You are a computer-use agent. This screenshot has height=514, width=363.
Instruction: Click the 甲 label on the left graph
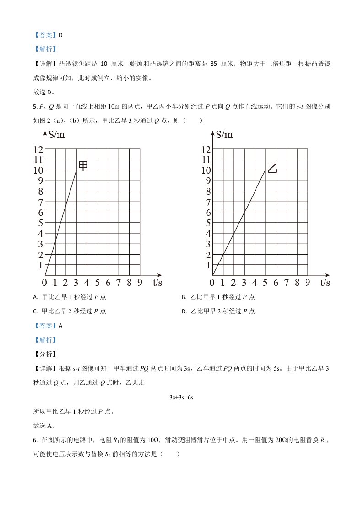click(x=83, y=165)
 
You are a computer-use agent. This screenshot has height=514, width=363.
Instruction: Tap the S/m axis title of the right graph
click(x=224, y=134)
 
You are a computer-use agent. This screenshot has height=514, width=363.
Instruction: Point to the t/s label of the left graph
click(x=157, y=282)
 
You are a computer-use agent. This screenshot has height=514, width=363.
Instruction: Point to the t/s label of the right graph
click(x=325, y=282)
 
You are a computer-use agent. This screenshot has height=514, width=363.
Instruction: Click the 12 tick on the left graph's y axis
click(x=38, y=149)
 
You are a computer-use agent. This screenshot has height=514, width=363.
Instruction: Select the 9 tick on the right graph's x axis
click(x=308, y=282)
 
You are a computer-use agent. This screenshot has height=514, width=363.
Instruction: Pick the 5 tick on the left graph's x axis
click(x=98, y=282)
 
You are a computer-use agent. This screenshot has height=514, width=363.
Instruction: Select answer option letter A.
click(x=35, y=297)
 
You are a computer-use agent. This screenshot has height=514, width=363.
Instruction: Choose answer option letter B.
click(x=184, y=297)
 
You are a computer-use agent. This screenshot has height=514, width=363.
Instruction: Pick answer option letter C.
click(x=35, y=312)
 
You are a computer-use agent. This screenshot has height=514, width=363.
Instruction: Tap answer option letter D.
click(x=184, y=312)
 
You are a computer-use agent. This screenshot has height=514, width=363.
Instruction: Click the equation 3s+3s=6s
click(x=182, y=397)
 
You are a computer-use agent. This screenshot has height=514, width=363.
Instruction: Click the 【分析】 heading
click(x=44, y=354)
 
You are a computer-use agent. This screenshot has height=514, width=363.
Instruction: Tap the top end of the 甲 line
click(x=76, y=170)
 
